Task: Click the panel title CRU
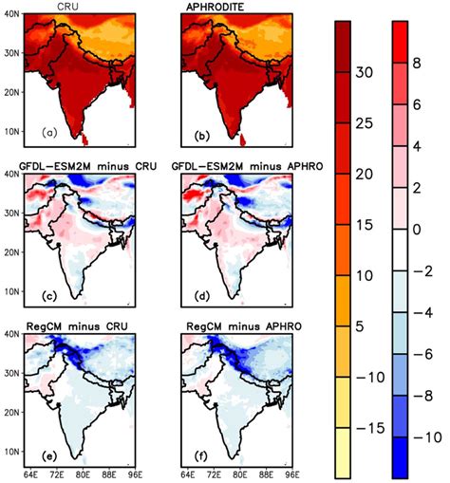point(67,7)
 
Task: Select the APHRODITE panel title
point(213,7)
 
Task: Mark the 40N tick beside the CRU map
point(13,15)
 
